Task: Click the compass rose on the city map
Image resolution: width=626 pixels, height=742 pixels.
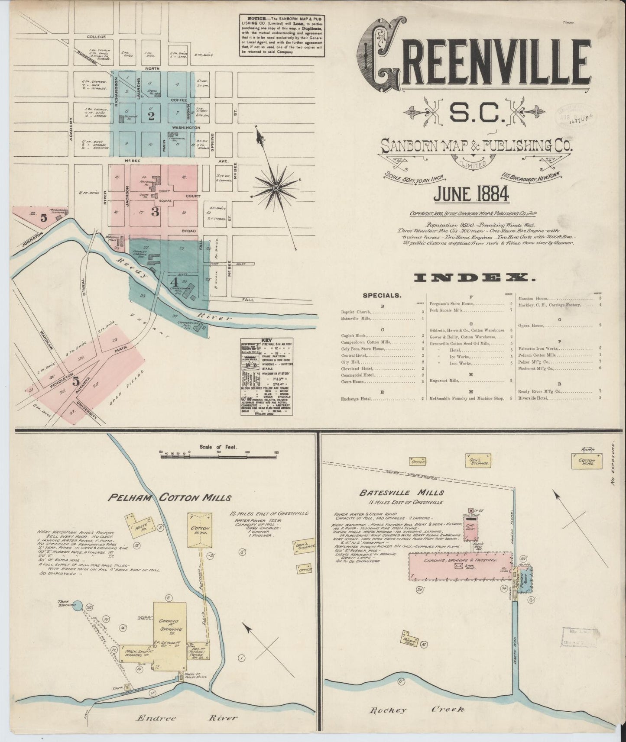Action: click(x=275, y=187)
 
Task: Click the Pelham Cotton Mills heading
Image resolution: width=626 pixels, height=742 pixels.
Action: click(x=169, y=497)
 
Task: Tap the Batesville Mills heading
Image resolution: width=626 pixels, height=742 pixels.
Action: click(x=402, y=492)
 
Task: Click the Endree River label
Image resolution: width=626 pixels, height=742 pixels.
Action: click(x=187, y=718)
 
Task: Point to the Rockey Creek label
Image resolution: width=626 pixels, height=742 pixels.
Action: click(x=416, y=710)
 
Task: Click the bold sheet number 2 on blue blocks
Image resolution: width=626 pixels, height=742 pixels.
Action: click(x=151, y=116)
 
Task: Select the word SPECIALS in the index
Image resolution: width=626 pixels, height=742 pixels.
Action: click(x=382, y=296)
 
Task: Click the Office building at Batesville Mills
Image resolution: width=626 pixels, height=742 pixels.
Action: click(x=418, y=462)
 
